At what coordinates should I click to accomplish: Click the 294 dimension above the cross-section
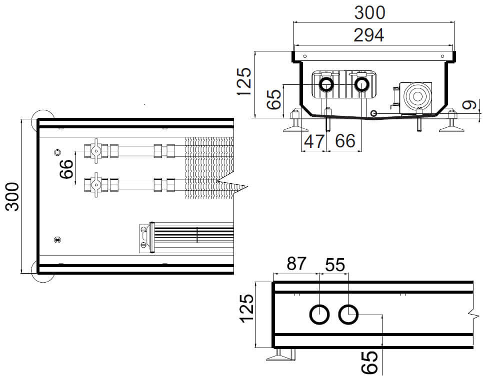pyautogui.click(x=368, y=35)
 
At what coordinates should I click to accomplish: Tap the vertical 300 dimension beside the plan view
pyautogui.click(x=12, y=196)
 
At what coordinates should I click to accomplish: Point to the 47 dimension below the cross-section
pyautogui.click(x=314, y=141)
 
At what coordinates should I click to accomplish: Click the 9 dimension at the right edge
pyautogui.click(x=468, y=105)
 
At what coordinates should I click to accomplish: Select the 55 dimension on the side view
pyautogui.click(x=334, y=265)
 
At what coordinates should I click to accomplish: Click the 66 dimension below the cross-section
pyautogui.click(x=345, y=141)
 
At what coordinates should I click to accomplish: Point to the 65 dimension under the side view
pyautogui.click(x=369, y=362)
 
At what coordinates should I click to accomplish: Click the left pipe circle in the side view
pyautogui.click(x=319, y=315)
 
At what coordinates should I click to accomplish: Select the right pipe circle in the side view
pyautogui.click(x=348, y=315)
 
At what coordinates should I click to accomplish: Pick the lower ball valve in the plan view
pyautogui.click(x=95, y=185)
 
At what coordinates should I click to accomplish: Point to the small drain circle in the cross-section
pyautogui.click(x=373, y=113)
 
